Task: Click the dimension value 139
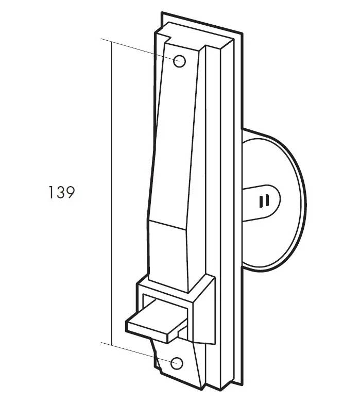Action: pos(62,192)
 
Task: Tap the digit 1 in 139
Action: pos(50,192)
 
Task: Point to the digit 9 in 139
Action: pos(71,192)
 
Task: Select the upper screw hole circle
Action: pos(179,61)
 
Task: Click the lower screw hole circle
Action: pos(177,363)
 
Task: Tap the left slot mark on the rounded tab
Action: pos(261,202)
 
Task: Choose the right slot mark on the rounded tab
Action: pos(267,200)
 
